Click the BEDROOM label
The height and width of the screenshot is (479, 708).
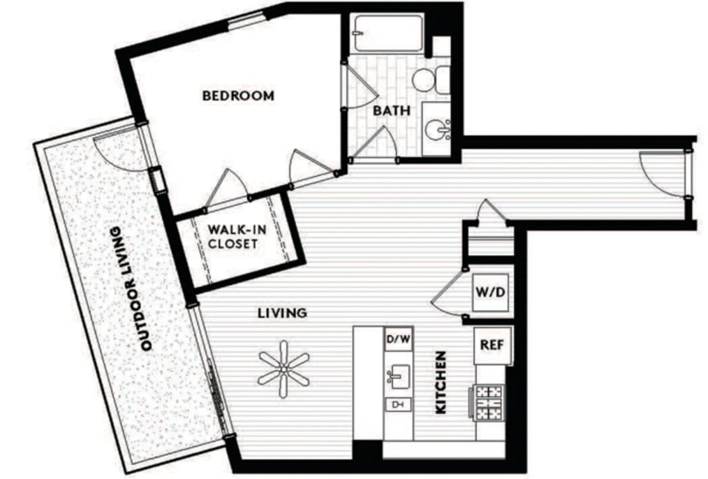pos(238,96)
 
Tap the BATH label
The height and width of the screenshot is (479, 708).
pos(392,110)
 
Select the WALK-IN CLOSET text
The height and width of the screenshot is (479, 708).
pos(233,237)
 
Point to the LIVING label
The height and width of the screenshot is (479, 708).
pos(282,313)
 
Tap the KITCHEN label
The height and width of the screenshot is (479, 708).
pos(441,382)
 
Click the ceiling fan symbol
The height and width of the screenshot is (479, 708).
pos(283,369)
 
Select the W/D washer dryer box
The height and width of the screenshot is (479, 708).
pos(490,293)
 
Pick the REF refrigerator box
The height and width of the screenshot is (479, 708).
pos(492,346)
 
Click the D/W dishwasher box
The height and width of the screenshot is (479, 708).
pos(398,339)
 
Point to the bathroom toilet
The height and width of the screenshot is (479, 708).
pos(432,80)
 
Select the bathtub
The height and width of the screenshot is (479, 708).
pos(388,34)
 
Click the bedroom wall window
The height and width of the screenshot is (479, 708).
pos(246,20)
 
